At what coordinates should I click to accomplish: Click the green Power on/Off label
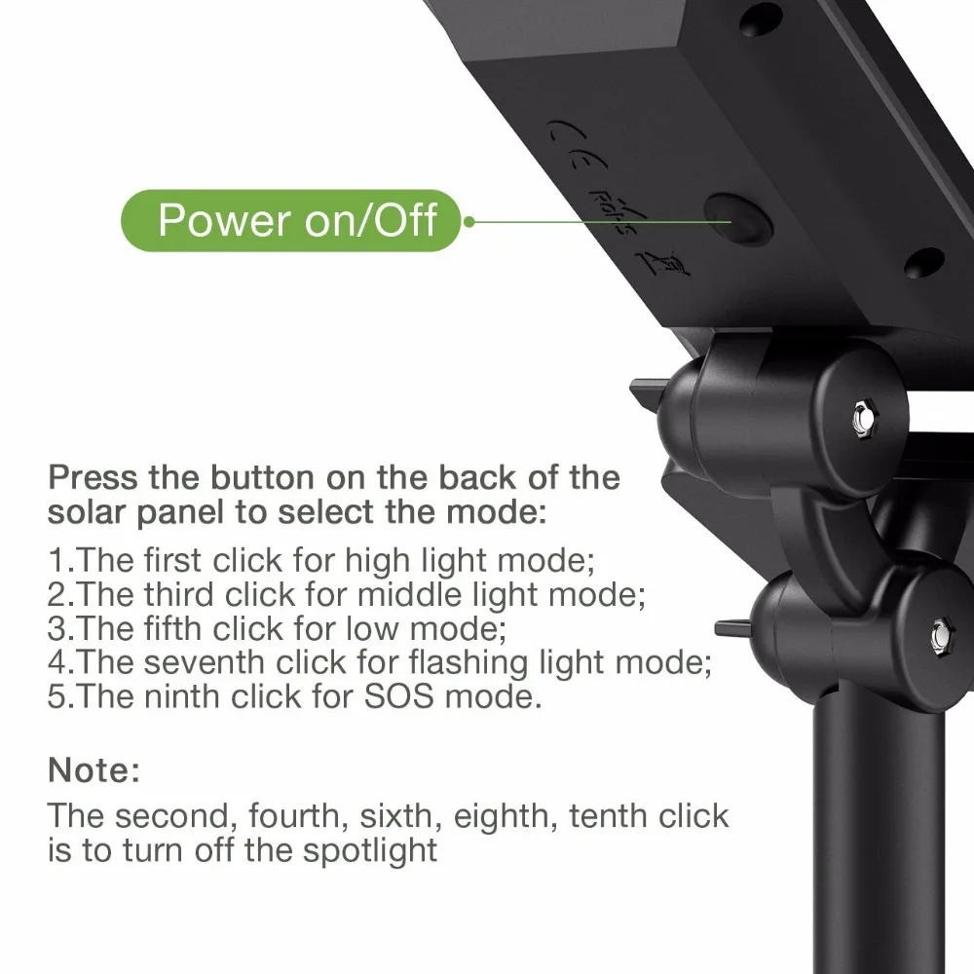click(x=290, y=220)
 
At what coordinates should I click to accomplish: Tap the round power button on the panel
click(x=738, y=220)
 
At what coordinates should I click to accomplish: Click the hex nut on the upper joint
click(x=864, y=418)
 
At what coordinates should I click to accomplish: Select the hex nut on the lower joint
click(x=943, y=635)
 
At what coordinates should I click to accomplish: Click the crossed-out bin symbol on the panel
click(x=663, y=265)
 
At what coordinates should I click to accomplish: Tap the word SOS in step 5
click(x=398, y=696)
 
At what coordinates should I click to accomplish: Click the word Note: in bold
click(x=94, y=770)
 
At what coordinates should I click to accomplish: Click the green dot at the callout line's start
click(x=469, y=221)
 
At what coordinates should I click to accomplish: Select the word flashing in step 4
click(x=468, y=663)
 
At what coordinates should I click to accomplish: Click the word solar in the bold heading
click(x=87, y=512)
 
